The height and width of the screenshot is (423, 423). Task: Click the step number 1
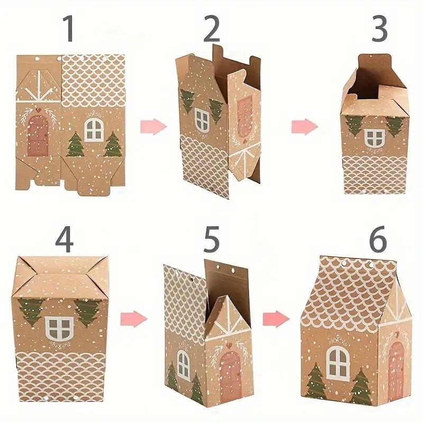coord(69,30)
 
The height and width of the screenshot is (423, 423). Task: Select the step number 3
coord(380,30)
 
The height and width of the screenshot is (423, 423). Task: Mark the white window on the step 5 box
coord(183,365)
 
